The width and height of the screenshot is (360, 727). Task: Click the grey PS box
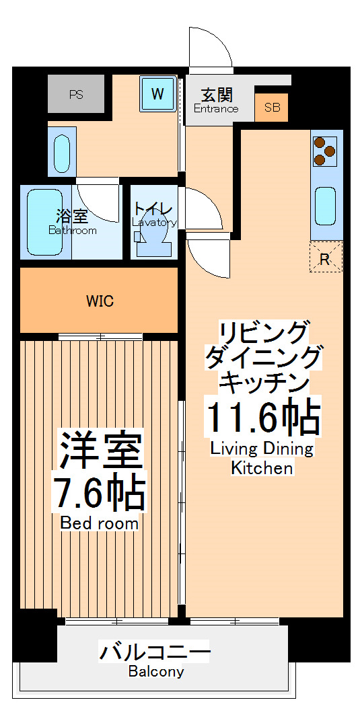(76, 94)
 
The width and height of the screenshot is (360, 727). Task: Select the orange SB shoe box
(272, 108)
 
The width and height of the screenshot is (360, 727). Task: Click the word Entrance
(216, 109)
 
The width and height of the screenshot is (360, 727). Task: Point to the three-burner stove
(326, 151)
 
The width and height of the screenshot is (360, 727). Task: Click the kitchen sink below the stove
(326, 206)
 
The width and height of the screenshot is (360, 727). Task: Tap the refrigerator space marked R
(326, 257)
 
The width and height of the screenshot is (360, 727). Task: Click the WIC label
(100, 301)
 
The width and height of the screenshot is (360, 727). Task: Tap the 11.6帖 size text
(262, 418)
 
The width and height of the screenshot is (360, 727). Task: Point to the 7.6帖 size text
(100, 495)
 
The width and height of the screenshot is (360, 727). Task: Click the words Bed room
(100, 523)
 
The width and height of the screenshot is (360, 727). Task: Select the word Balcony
(155, 671)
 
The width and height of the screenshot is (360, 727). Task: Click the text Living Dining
(262, 449)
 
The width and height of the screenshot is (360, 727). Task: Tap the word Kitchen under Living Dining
(262, 468)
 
